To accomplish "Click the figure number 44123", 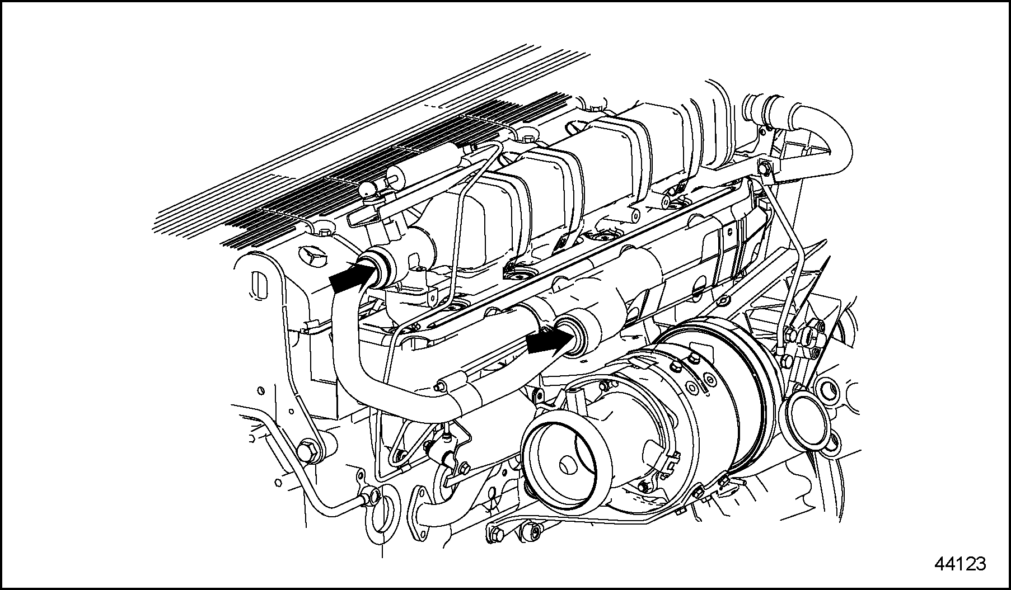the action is [960, 564].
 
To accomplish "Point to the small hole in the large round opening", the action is [569, 463].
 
